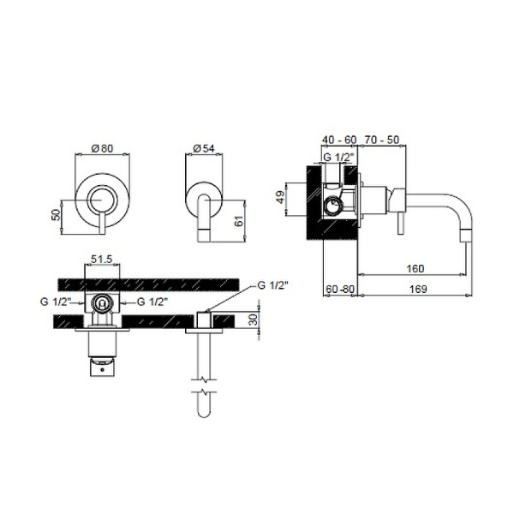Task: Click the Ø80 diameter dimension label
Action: click(x=102, y=148)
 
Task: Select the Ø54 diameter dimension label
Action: click(x=204, y=148)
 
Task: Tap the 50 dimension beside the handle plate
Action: click(x=57, y=215)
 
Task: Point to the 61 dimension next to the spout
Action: click(x=239, y=221)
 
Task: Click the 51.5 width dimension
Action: click(x=102, y=260)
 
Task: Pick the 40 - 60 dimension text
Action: click(x=339, y=140)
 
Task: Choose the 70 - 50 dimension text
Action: click(x=382, y=140)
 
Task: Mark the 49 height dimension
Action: click(x=281, y=197)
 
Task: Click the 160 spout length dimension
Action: click(x=415, y=269)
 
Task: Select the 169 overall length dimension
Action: click(x=418, y=290)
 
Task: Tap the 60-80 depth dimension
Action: click(x=340, y=290)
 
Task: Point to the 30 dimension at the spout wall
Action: click(x=253, y=320)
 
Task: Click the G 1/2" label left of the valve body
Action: click(x=56, y=302)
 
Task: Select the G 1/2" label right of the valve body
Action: click(x=152, y=302)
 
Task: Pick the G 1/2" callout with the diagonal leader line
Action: click(x=272, y=285)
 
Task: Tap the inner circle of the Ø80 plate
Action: click(x=102, y=200)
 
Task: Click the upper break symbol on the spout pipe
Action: click(x=204, y=380)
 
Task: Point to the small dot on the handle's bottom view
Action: click(x=102, y=370)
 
